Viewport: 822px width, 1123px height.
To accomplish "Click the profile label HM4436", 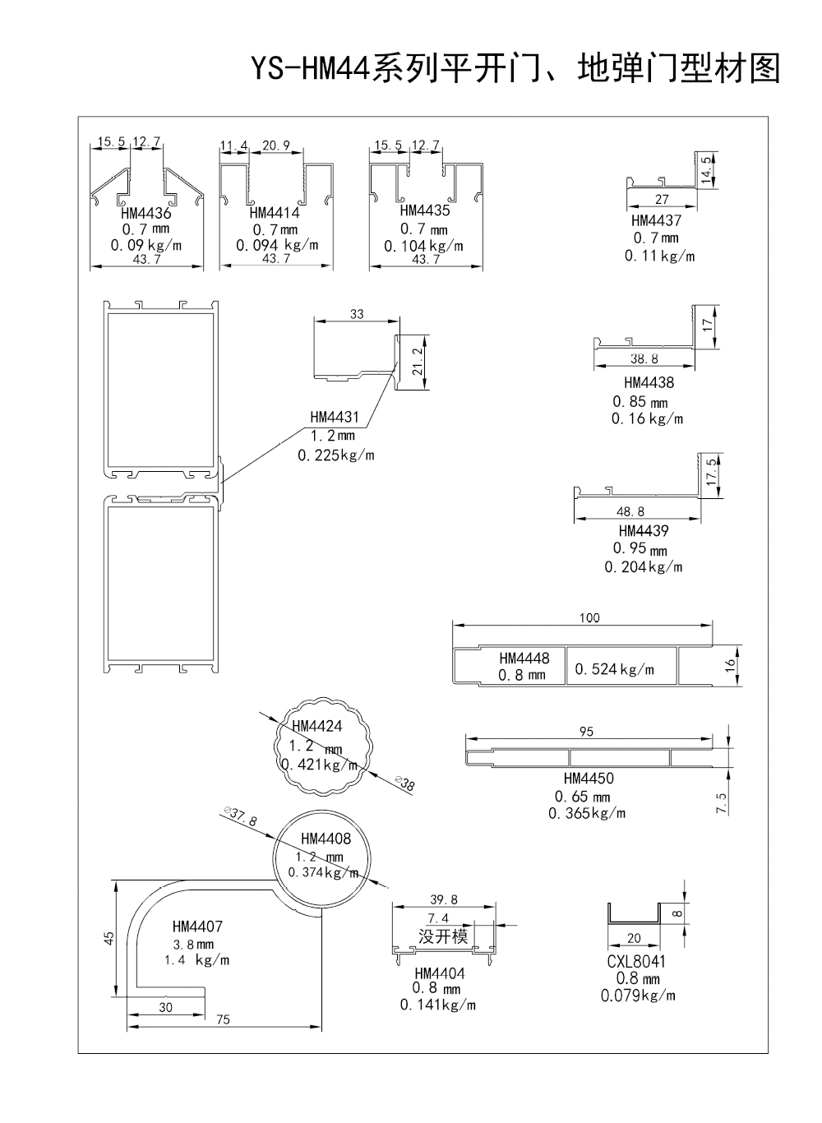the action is click(x=145, y=213).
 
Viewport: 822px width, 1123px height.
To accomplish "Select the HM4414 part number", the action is click(x=275, y=213).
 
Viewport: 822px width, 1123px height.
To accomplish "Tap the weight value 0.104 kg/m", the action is click(x=423, y=246).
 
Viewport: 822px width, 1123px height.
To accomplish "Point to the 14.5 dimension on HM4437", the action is click(x=706, y=170).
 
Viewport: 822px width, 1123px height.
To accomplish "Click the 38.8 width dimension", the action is click(x=644, y=358).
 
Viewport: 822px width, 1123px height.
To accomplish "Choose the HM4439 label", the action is click(x=643, y=530).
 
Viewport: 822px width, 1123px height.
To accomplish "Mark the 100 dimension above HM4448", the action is click(x=589, y=617).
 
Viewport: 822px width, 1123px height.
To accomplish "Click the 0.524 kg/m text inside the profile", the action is click(x=615, y=669).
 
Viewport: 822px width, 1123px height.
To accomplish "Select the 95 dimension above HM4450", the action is click(x=586, y=732).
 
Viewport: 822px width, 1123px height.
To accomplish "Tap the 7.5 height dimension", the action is click(x=721, y=804).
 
